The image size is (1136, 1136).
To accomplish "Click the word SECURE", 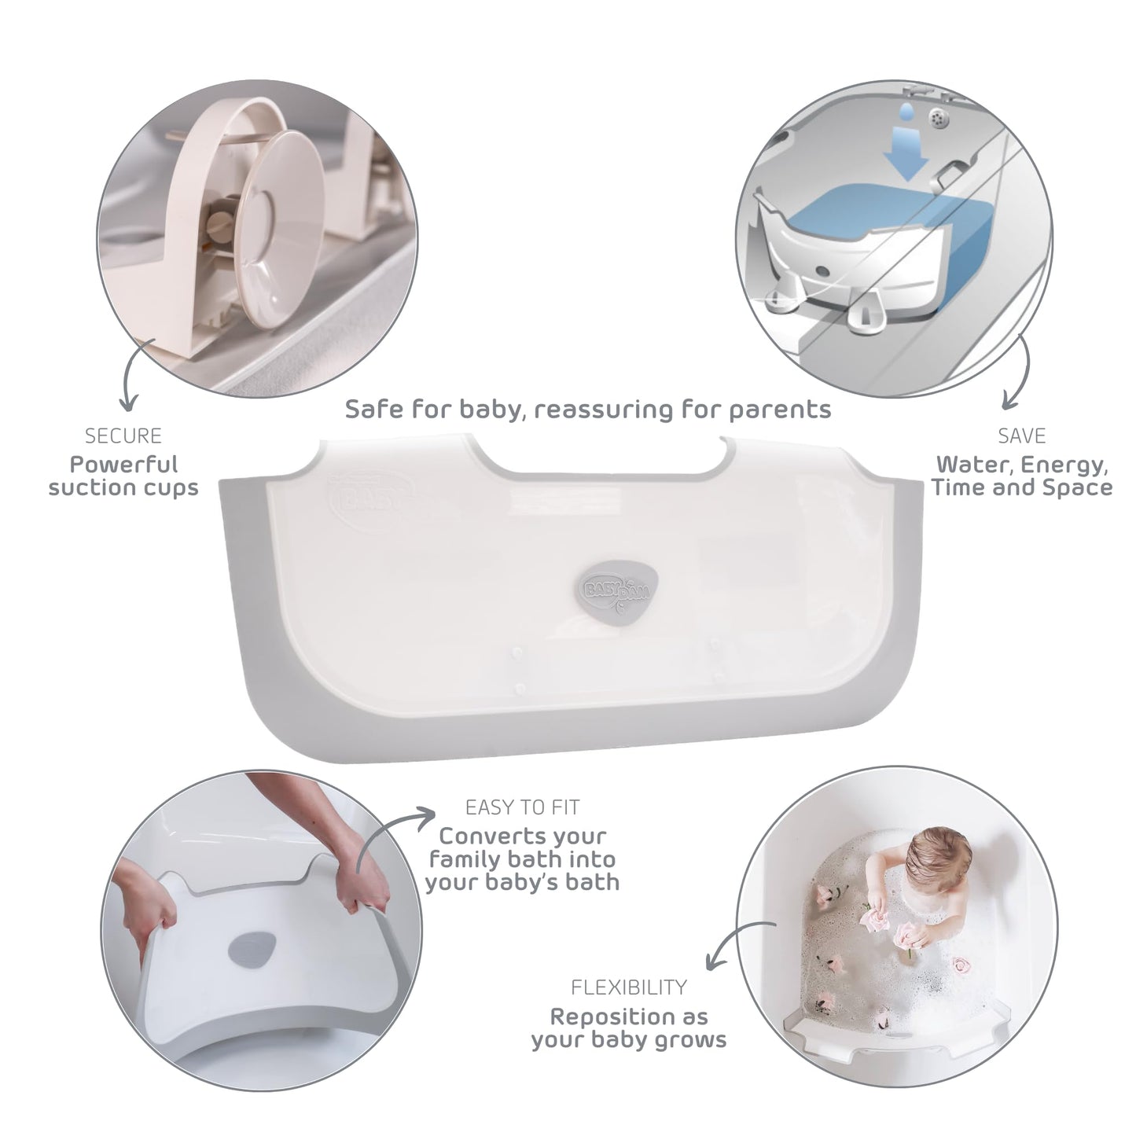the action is pyautogui.click(x=123, y=436).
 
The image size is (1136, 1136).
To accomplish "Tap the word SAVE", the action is pyautogui.click(x=1022, y=436).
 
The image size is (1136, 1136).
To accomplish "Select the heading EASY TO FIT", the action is pyautogui.click(x=522, y=807).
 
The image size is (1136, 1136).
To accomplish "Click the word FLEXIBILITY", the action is pyautogui.click(x=629, y=987).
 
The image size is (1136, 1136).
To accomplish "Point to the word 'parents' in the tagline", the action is pyautogui.click(x=781, y=410).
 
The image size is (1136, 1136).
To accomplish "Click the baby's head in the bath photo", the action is pyautogui.click(x=935, y=855).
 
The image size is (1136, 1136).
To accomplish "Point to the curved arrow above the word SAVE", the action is pyautogui.click(x=1021, y=371).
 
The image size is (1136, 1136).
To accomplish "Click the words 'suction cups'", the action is pyautogui.click(x=123, y=488).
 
